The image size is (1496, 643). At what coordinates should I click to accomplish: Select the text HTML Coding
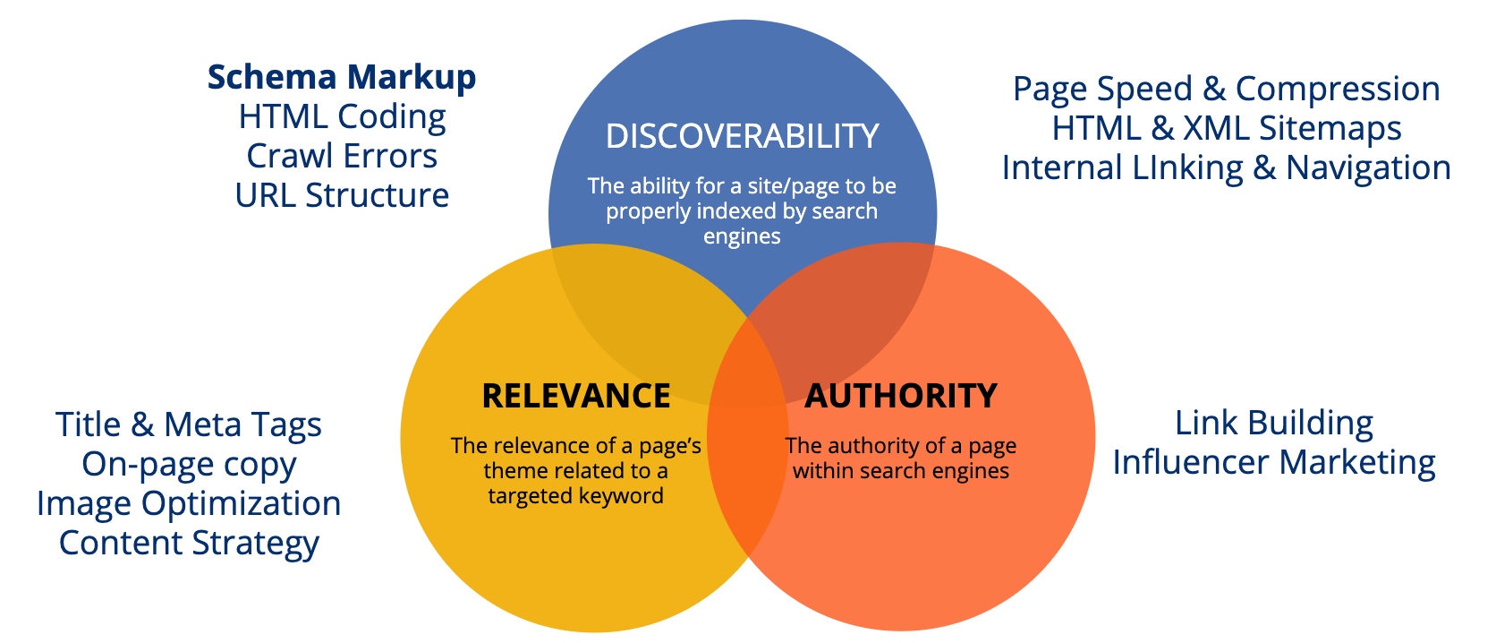click(x=342, y=118)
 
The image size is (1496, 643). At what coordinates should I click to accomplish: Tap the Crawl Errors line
click(x=342, y=157)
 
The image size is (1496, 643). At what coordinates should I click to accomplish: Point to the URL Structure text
click(x=342, y=196)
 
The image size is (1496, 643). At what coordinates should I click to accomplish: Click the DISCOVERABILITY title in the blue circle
click(x=742, y=136)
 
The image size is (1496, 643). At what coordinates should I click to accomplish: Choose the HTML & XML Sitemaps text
click(x=1226, y=128)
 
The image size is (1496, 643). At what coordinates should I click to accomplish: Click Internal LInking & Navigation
click(x=1226, y=168)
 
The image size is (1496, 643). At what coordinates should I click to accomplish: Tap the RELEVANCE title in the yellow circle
click(x=575, y=396)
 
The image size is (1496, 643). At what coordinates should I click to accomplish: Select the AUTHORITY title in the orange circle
click(x=900, y=396)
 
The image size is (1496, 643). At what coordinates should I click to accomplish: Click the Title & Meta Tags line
click(x=188, y=425)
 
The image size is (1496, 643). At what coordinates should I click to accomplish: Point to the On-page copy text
click(x=188, y=465)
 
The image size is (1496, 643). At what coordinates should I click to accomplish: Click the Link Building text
click(x=1273, y=424)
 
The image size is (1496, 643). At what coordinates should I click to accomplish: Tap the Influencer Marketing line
click(x=1273, y=463)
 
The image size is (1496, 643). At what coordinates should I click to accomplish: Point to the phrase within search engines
click(x=900, y=471)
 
